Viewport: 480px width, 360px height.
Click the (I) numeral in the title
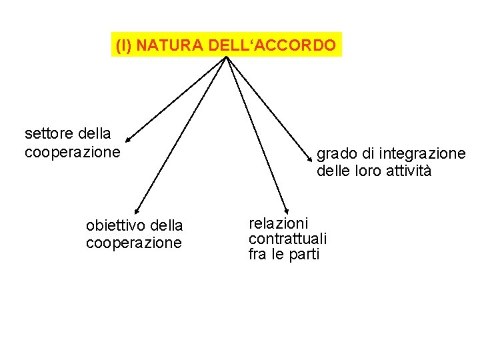pyautogui.click(x=123, y=46)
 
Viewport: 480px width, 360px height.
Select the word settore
pyautogui.click(x=48, y=135)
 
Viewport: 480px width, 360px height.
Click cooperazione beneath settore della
pyautogui.click(x=72, y=152)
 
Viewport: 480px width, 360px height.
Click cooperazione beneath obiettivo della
pyautogui.click(x=133, y=243)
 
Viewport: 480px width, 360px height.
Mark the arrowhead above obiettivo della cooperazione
pyautogui.click(x=135, y=211)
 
